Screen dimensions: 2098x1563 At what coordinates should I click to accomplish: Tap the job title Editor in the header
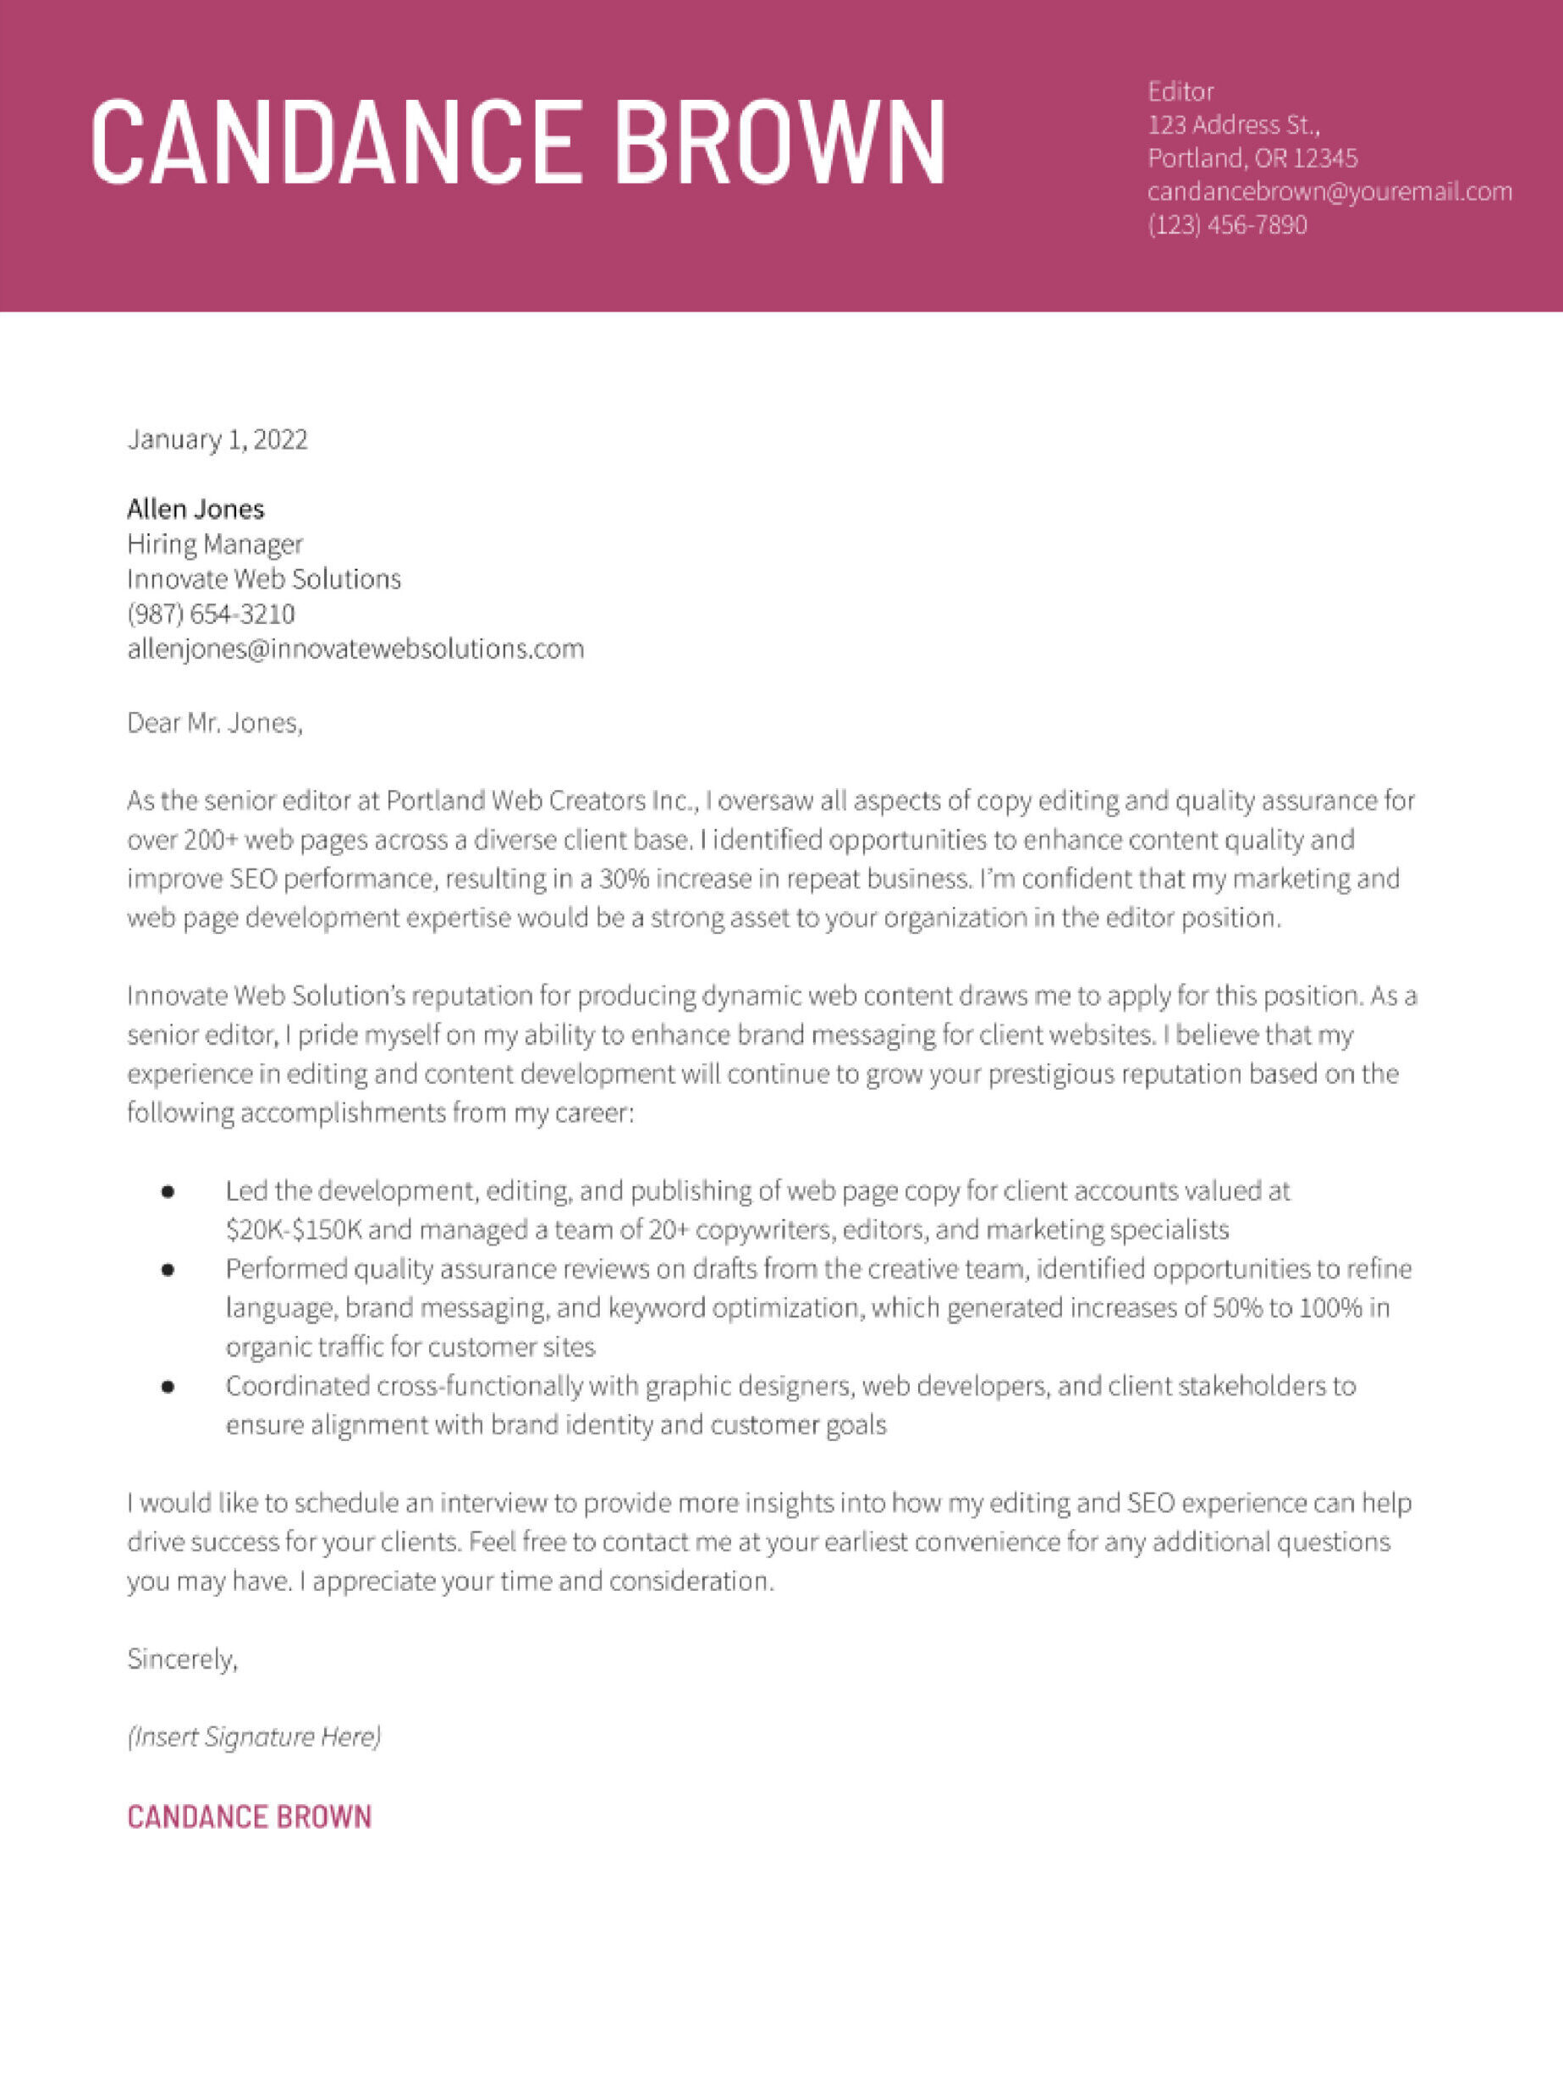(x=1180, y=91)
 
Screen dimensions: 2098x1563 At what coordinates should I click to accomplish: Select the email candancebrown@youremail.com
(x=1329, y=191)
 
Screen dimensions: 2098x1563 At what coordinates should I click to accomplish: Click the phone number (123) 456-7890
(x=1227, y=225)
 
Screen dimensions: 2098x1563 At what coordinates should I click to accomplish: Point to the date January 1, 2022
(x=217, y=439)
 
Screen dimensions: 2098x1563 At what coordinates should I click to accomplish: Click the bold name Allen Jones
(x=195, y=509)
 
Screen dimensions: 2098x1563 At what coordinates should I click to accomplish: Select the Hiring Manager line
(x=215, y=544)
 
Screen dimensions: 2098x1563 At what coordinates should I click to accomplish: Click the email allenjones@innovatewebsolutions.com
(x=355, y=649)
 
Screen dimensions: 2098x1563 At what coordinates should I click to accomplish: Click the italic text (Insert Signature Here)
(x=255, y=1736)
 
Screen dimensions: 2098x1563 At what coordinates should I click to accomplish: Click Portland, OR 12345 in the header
(x=1252, y=158)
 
